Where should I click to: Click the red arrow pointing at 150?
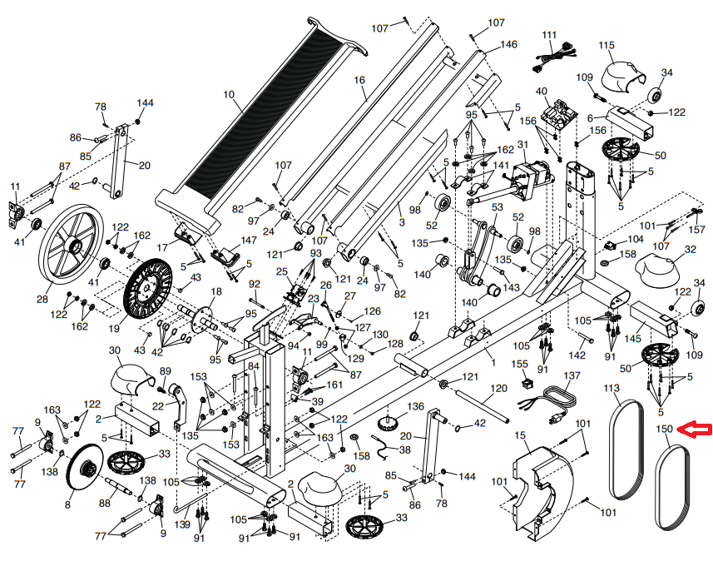(694, 429)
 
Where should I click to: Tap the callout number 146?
(509, 44)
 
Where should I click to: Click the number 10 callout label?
(229, 95)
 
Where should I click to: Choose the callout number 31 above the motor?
(523, 145)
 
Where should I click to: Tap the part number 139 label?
(182, 524)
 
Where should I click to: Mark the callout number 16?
(359, 80)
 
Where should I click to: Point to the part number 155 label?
(520, 364)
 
